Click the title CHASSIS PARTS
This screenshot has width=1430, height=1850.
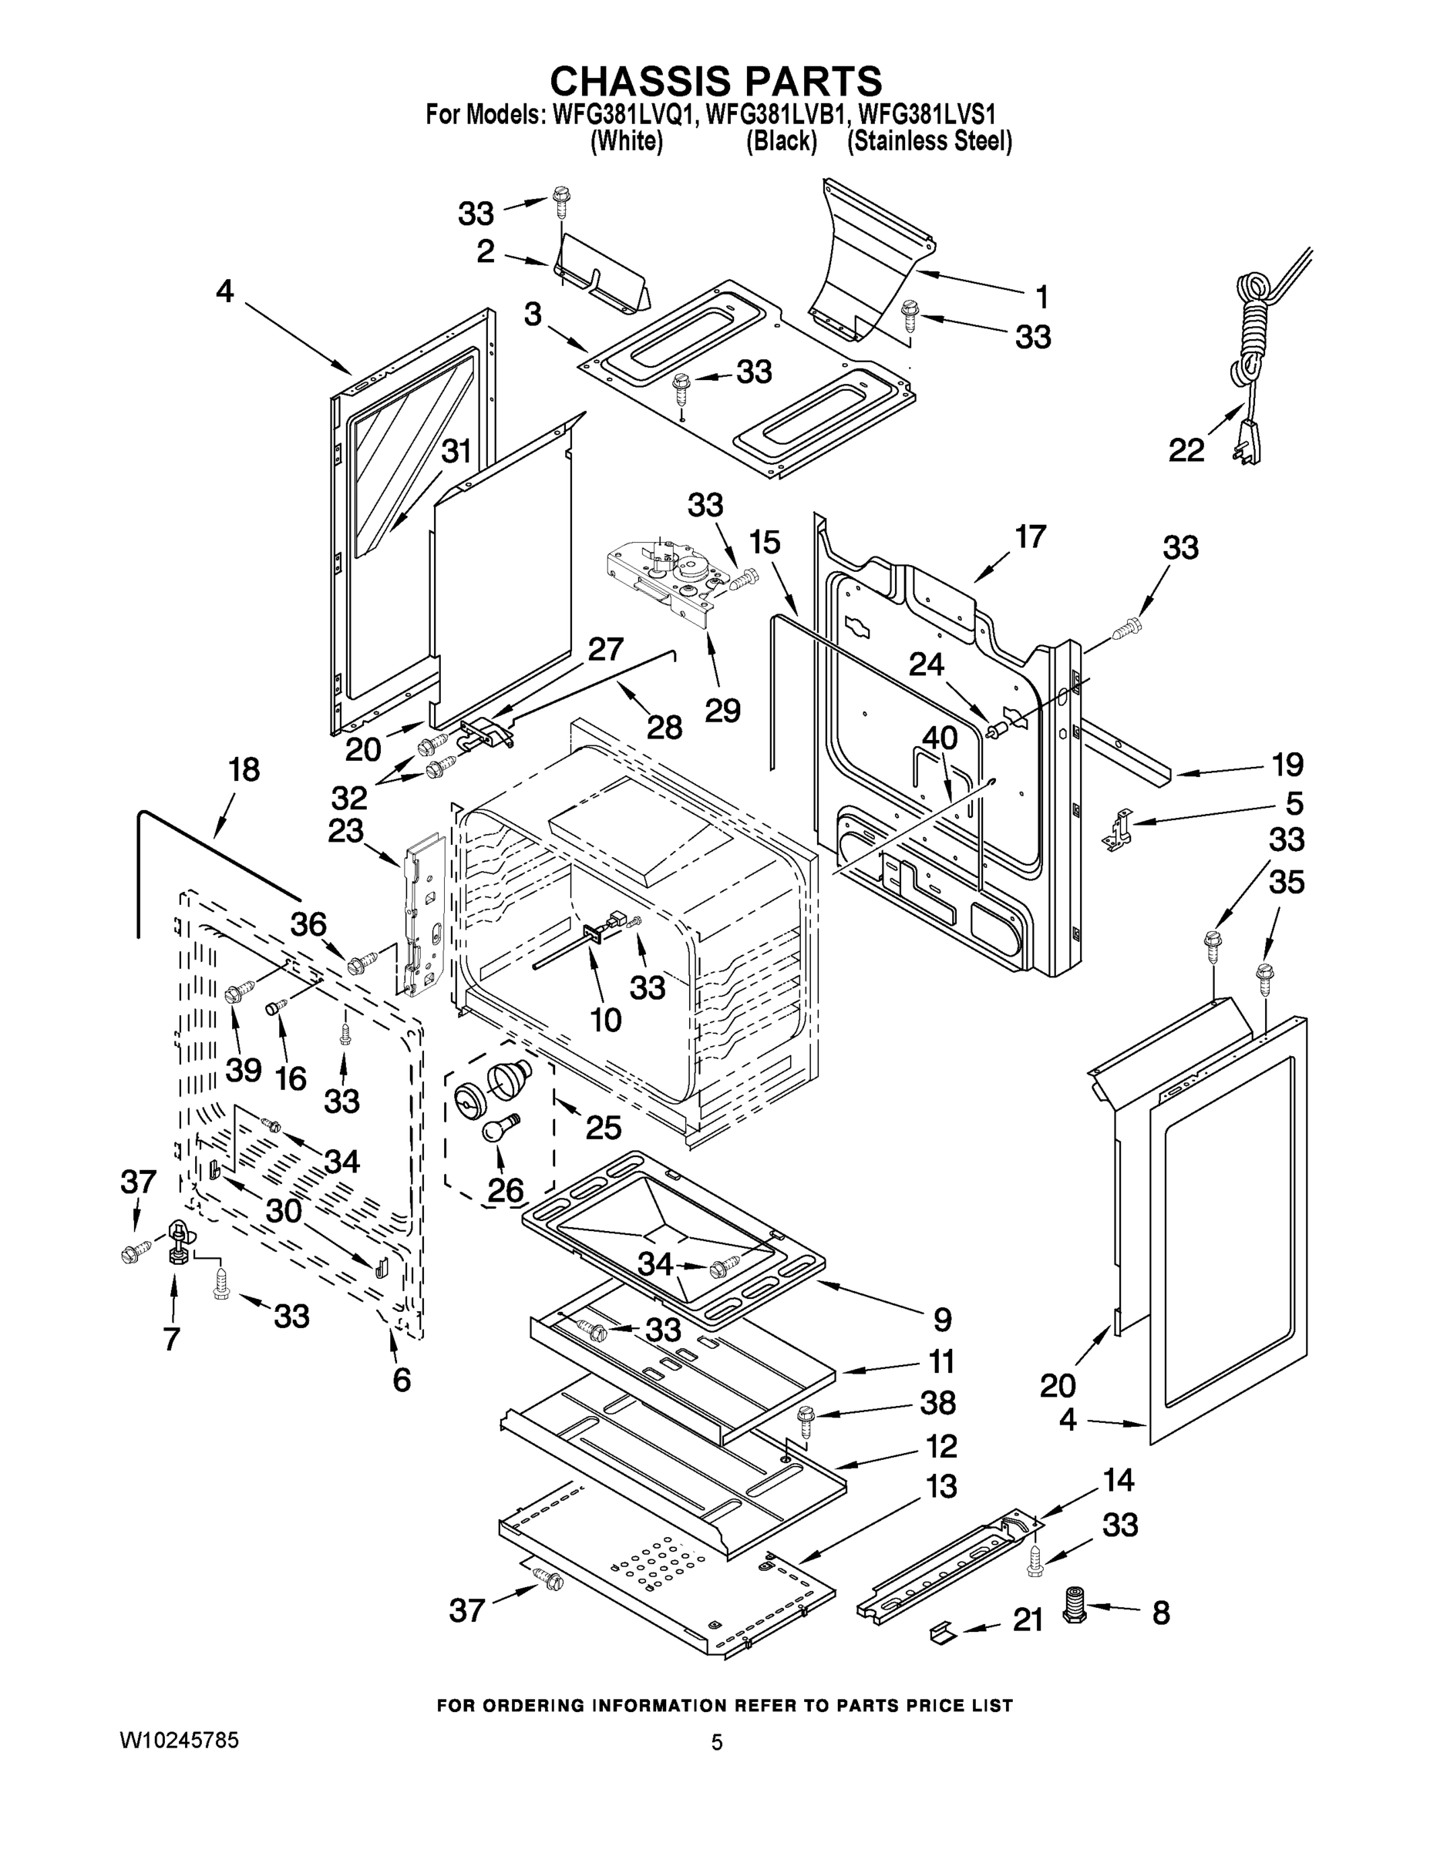(716, 81)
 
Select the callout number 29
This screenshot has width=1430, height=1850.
(722, 710)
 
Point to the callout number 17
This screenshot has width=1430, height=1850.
(1030, 536)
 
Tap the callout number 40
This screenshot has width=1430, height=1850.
(939, 738)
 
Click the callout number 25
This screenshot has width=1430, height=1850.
(602, 1128)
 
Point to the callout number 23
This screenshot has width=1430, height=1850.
(345, 830)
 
